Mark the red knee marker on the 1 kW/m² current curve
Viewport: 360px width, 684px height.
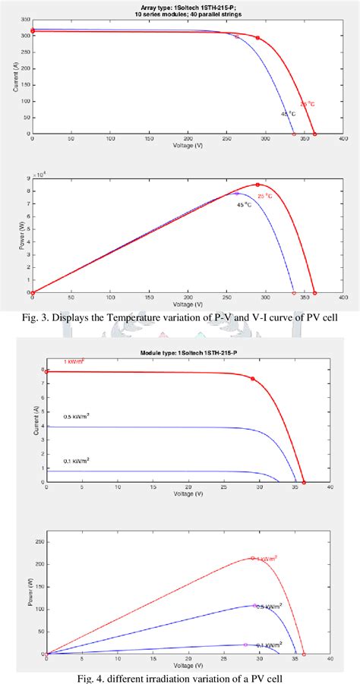click(253, 379)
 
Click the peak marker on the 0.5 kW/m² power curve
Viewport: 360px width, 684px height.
click(254, 605)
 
